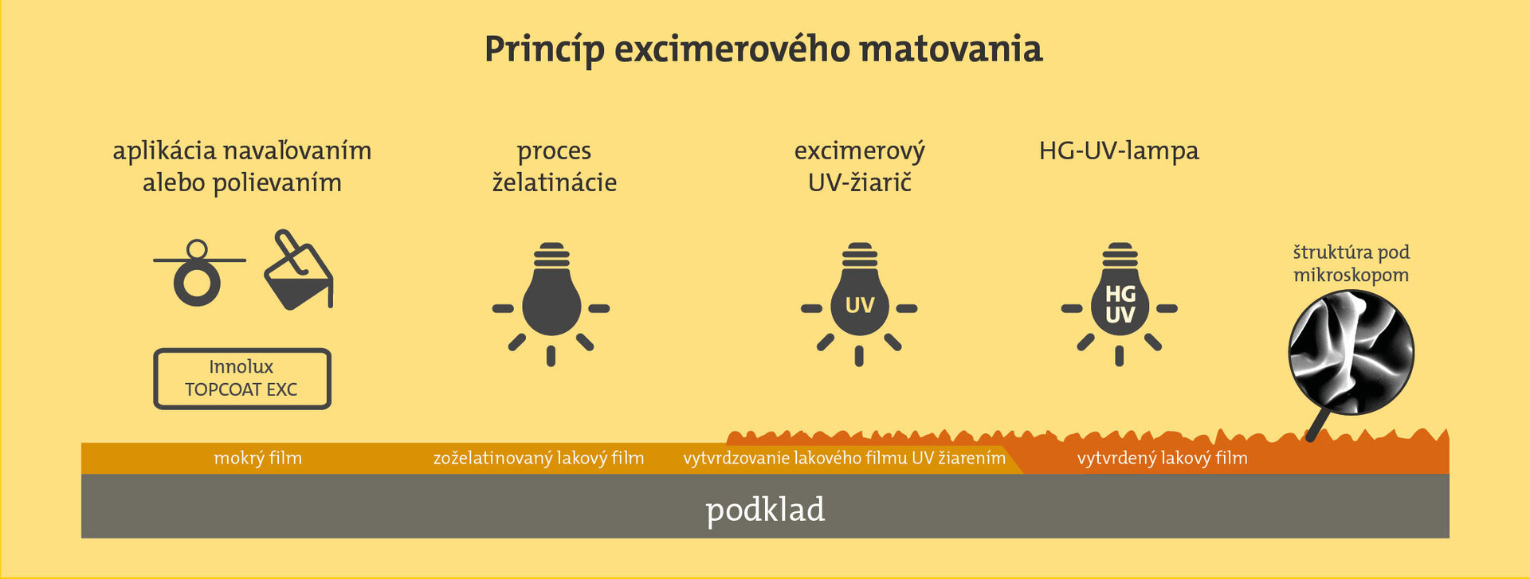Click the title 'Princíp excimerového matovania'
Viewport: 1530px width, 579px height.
[x=763, y=49]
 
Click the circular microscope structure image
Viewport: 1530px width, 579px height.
[x=1351, y=352]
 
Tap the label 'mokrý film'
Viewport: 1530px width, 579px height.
[x=257, y=458]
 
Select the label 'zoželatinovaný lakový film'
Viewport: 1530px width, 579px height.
[x=539, y=458]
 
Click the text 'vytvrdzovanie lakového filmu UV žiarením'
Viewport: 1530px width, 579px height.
[x=844, y=458]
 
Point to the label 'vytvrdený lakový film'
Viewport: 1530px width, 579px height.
[x=1162, y=458]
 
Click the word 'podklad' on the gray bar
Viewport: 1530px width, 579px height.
[x=765, y=510]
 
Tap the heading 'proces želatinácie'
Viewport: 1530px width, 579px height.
[x=555, y=166]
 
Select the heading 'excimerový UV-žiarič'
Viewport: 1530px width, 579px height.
[x=860, y=166]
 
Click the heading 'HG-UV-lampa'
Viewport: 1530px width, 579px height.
[x=1119, y=151]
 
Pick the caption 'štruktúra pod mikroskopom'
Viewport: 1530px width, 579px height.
[x=1351, y=264]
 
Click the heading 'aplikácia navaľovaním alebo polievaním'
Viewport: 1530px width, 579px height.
[x=242, y=166]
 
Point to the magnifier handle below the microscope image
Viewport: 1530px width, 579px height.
[x=1316, y=425]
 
